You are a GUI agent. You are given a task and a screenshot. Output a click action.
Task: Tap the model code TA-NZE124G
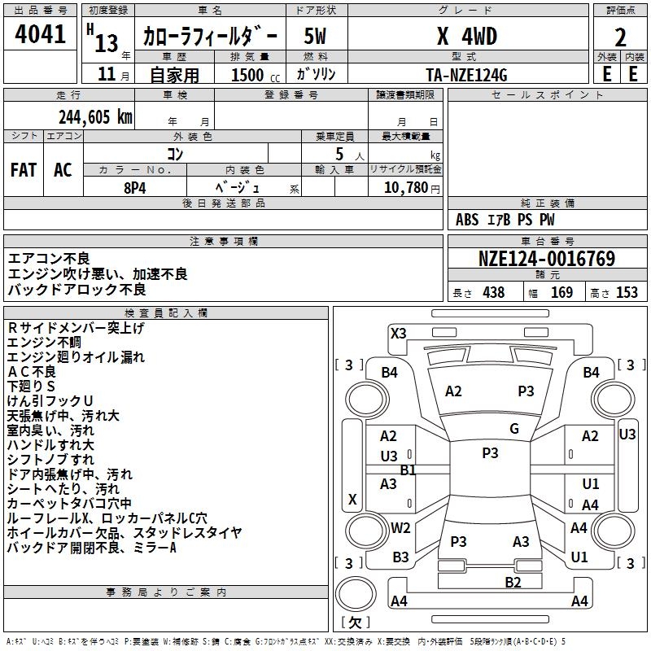point(467,74)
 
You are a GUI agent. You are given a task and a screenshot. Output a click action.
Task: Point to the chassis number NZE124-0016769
point(547,259)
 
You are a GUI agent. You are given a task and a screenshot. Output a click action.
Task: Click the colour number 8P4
point(135,186)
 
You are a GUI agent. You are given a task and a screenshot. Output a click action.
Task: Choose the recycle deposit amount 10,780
point(402,187)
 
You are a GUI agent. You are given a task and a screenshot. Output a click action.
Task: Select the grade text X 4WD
point(467,36)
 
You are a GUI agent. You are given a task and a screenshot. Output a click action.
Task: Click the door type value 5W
point(316,37)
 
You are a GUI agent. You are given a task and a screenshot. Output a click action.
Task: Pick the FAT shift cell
point(24,169)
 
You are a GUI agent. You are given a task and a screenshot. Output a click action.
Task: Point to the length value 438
point(493,293)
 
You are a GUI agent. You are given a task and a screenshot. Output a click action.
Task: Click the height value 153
point(627,293)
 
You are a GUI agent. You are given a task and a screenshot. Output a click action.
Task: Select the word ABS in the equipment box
point(467,220)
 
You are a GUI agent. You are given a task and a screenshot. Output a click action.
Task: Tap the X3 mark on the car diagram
point(399,333)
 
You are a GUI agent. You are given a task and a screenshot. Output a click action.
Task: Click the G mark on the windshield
point(514,429)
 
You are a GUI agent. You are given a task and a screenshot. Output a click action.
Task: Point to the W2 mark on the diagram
point(400,527)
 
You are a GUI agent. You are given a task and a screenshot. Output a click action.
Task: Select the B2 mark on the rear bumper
point(513,582)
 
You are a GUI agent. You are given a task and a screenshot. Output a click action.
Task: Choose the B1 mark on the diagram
point(408,470)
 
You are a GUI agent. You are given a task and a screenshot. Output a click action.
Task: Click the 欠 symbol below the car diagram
point(355,623)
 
